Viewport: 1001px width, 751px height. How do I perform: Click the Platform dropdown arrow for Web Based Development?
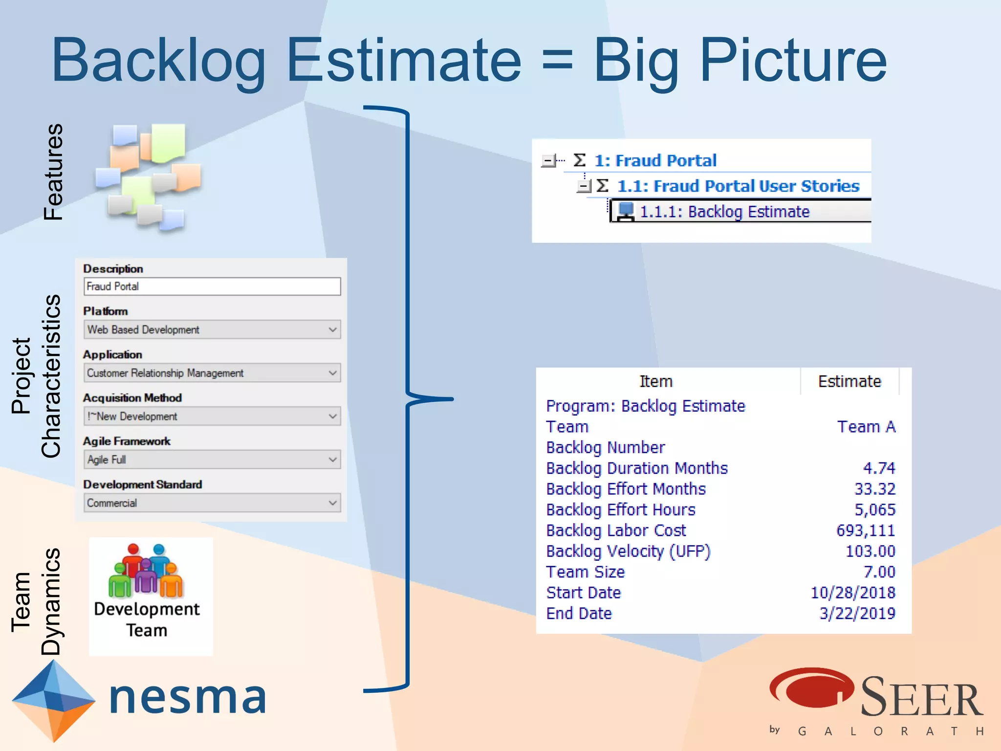[x=332, y=330]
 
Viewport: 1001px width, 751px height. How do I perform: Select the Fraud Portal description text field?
[x=212, y=287]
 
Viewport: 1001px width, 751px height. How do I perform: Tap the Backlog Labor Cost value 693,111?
[x=865, y=530]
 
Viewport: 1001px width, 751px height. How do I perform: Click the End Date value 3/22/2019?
[x=857, y=614]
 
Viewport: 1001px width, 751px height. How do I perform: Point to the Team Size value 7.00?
[x=879, y=572]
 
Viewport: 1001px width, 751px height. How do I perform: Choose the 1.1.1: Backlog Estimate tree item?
[x=724, y=212]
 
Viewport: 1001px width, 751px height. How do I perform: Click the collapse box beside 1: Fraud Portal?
[x=548, y=160]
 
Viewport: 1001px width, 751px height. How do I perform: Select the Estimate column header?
[x=849, y=381]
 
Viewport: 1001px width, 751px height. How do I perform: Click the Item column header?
[x=656, y=381]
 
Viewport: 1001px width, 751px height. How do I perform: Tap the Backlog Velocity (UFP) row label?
[x=628, y=552]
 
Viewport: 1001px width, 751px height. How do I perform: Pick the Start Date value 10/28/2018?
[x=852, y=593]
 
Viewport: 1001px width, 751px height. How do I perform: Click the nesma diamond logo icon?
[x=53, y=700]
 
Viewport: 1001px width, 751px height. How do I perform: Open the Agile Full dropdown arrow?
[x=332, y=460]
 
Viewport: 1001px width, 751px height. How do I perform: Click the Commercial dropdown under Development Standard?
[x=212, y=503]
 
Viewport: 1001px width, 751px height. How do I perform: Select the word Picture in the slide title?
[x=793, y=61]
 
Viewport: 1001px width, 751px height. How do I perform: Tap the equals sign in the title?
[x=557, y=61]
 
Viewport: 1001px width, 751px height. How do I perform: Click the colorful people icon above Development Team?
[x=146, y=571]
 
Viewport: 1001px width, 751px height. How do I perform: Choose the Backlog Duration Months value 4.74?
[x=878, y=468]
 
